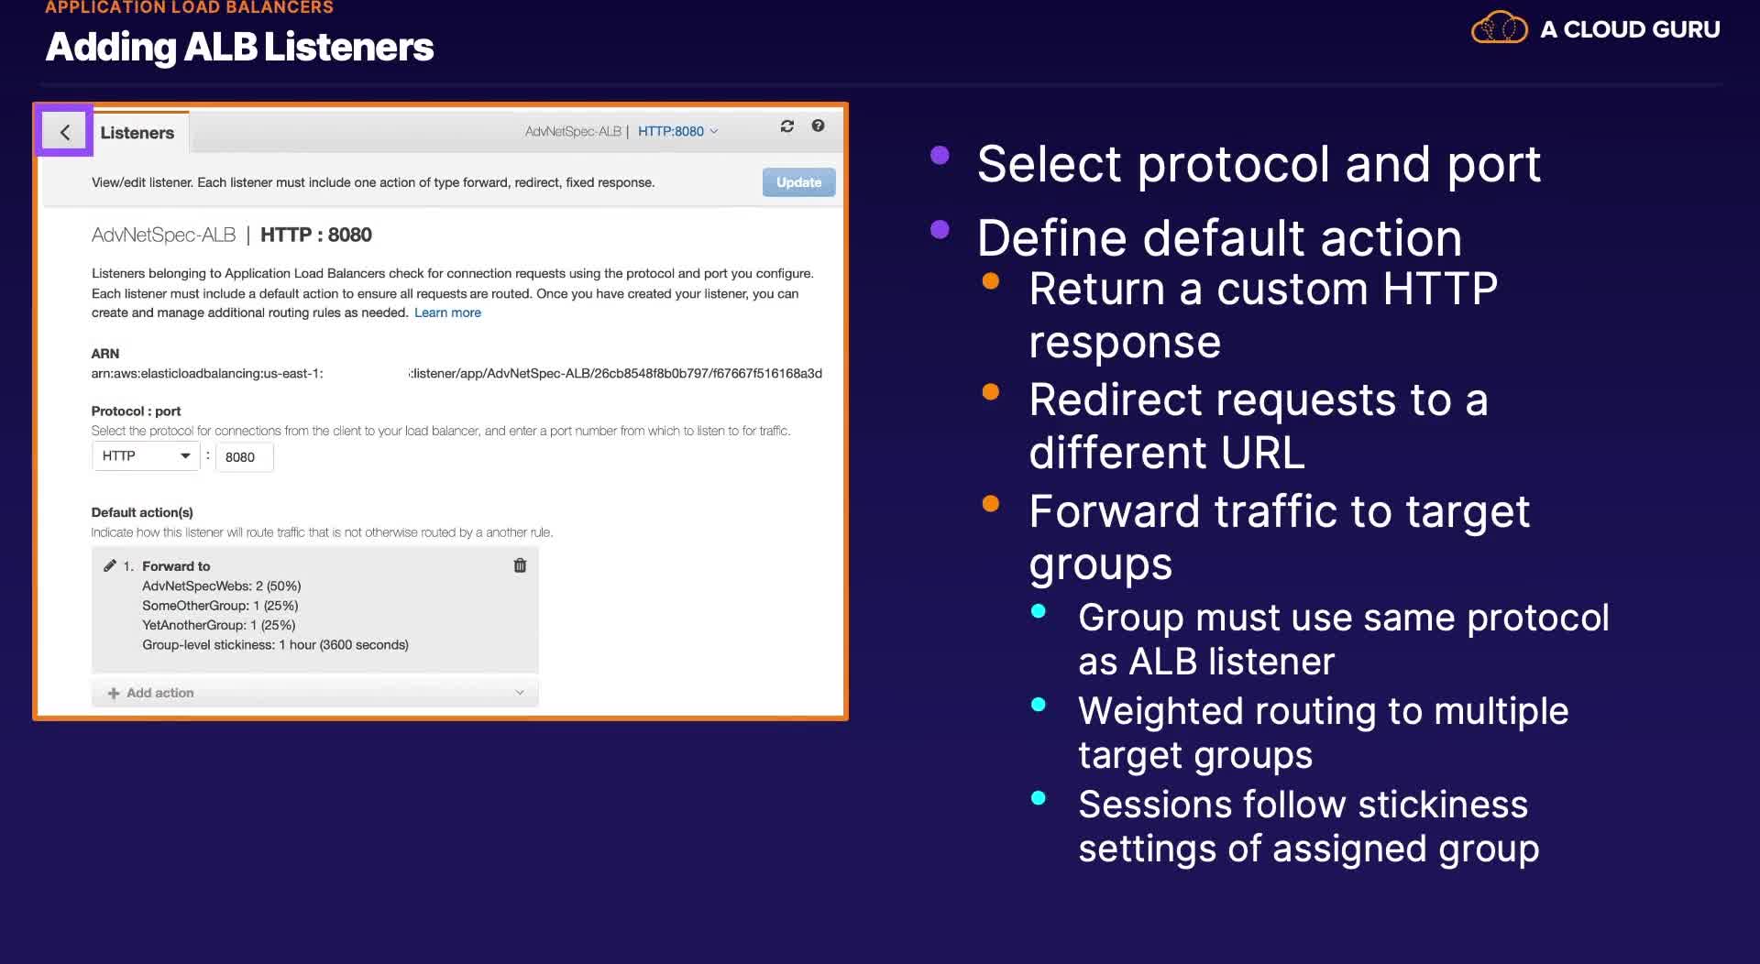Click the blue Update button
point(798,182)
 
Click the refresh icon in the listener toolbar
point(786,126)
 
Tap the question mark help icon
point(818,126)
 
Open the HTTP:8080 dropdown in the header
point(677,131)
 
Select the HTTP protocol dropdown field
point(146,455)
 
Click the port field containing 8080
point(244,457)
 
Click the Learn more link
point(447,312)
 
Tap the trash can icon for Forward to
point(520,565)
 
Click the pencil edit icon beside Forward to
point(110,565)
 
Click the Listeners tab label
point(137,133)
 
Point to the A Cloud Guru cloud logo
point(1500,28)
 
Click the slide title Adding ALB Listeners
point(239,47)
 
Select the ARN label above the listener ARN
point(105,354)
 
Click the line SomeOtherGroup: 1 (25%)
point(220,606)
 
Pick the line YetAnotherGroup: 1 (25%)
point(219,625)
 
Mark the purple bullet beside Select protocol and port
point(940,155)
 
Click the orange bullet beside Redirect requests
point(990,392)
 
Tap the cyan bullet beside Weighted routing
point(1039,705)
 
